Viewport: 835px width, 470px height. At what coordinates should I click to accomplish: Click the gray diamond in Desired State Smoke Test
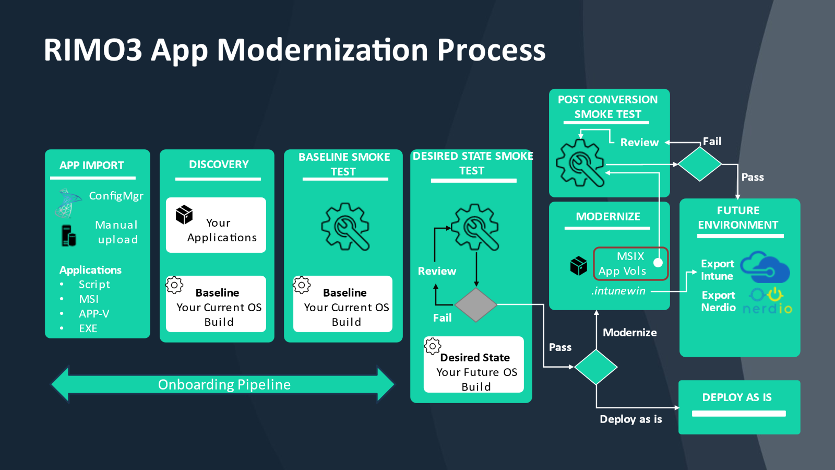475,304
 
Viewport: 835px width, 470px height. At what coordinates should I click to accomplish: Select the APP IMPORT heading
92,166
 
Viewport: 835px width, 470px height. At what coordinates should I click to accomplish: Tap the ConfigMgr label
116,196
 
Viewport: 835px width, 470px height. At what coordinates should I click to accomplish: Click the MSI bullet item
89,299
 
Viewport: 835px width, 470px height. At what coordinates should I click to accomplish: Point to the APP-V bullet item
94,314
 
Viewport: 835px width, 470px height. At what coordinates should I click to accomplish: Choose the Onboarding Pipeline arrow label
224,385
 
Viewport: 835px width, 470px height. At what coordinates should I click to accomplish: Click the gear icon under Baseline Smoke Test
345,227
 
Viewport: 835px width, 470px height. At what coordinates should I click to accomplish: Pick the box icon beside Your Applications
184,214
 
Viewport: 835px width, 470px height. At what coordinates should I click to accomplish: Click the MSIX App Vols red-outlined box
630,264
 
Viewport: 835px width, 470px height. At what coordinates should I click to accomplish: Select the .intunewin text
618,291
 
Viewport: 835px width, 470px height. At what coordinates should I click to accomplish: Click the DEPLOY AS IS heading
737,397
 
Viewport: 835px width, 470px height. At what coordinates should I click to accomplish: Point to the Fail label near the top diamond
712,142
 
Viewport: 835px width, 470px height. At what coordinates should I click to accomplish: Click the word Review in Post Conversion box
639,143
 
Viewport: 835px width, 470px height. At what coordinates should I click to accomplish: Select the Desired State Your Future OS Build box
474,365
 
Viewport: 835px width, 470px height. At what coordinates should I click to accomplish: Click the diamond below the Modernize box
596,367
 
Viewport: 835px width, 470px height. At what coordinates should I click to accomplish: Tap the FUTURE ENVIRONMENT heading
738,218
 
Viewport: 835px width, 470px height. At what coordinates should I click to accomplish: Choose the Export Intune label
717,270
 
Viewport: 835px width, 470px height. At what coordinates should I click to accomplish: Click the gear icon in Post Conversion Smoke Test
580,163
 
